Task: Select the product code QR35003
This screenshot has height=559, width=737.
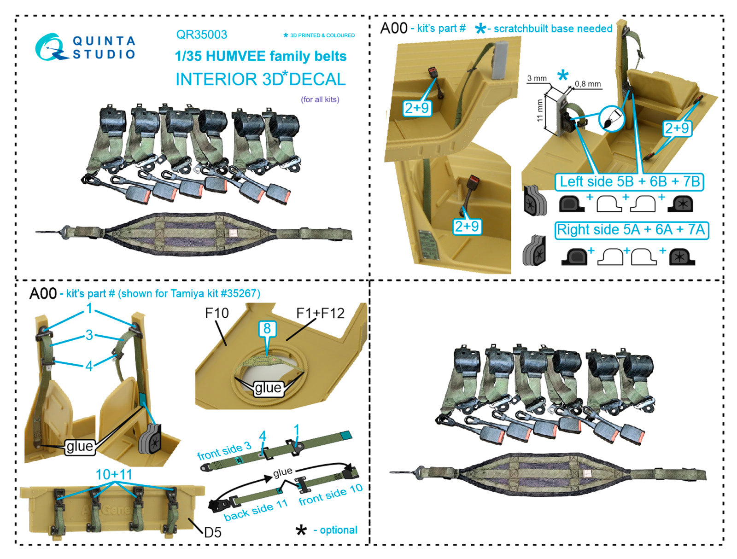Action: pos(201,35)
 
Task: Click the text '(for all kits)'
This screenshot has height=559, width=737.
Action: pos(320,99)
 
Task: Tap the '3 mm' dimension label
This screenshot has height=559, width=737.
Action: pos(537,78)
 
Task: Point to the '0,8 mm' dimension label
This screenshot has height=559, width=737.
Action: pos(588,84)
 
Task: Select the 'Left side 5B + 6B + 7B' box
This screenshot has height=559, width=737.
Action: pos(629,181)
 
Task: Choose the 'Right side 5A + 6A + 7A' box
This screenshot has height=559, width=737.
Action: pos(631,229)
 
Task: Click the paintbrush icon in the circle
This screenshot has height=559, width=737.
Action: pos(611,119)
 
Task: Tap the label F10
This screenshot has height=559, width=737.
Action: pos(216,314)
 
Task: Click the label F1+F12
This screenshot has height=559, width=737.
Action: pos(320,314)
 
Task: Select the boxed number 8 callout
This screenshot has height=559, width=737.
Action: pos(267,329)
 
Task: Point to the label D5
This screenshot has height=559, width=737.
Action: pos(212,532)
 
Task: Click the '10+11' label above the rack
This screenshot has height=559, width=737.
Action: pos(114,474)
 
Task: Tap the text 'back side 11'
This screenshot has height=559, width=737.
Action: pos(256,510)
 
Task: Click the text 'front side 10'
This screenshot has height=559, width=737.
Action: pos(330,495)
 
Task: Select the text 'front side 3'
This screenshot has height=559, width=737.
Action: pos(224,451)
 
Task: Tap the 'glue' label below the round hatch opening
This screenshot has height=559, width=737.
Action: pos(268,388)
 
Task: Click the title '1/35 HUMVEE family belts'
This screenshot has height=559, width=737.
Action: pos(261,57)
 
